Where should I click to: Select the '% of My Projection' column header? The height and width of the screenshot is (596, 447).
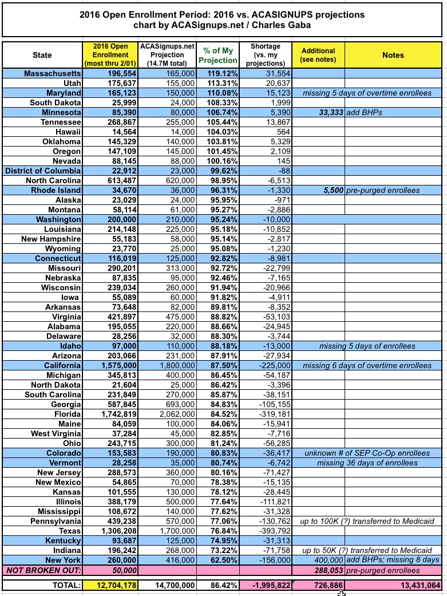(x=217, y=56)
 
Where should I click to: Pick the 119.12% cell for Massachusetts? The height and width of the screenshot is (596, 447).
(x=217, y=74)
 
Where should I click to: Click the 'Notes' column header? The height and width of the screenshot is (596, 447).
(x=393, y=56)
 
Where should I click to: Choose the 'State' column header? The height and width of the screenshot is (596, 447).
(x=42, y=56)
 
